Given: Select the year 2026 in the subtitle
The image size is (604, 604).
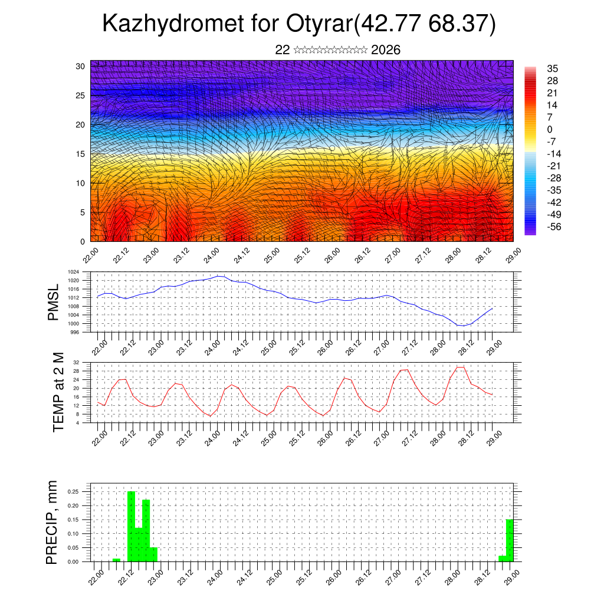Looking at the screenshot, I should (x=386, y=50).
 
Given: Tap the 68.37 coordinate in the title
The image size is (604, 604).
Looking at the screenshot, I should (x=458, y=24).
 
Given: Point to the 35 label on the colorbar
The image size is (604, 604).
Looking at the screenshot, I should (x=553, y=68).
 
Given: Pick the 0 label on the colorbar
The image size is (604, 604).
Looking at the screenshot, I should (x=550, y=129).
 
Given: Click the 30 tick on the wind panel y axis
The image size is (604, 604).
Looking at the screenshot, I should (x=81, y=66).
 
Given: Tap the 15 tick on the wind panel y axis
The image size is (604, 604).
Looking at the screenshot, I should (x=81, y=154).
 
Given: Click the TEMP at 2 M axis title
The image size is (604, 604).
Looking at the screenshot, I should (x=58, y=392).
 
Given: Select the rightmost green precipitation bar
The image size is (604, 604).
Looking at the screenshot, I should (x=510, y=540).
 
